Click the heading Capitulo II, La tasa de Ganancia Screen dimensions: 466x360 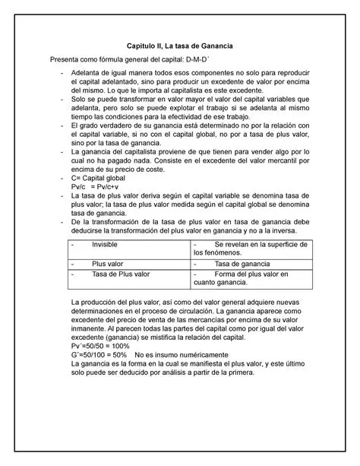pyautogui.click(x=179, y=46)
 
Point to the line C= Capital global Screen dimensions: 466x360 pyautogui.click(x=103, y=177)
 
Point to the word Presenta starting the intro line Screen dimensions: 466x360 pyautogui.click(x=66, y=61)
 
